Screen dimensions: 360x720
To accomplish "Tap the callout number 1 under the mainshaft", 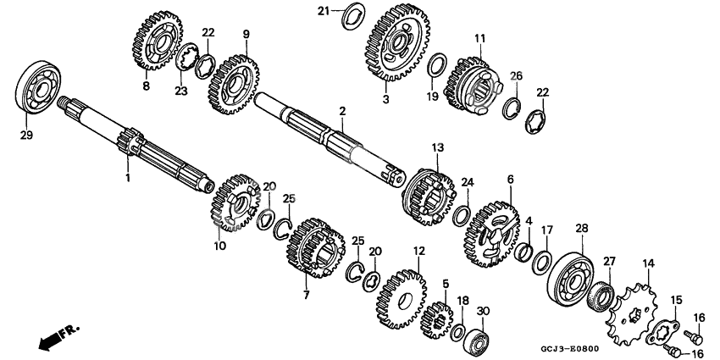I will point(128,178).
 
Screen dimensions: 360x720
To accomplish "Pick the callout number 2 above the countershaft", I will point(341,111).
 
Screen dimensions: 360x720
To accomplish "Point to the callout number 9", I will point(246,34).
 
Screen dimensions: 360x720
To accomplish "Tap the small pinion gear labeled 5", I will point(439,318).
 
